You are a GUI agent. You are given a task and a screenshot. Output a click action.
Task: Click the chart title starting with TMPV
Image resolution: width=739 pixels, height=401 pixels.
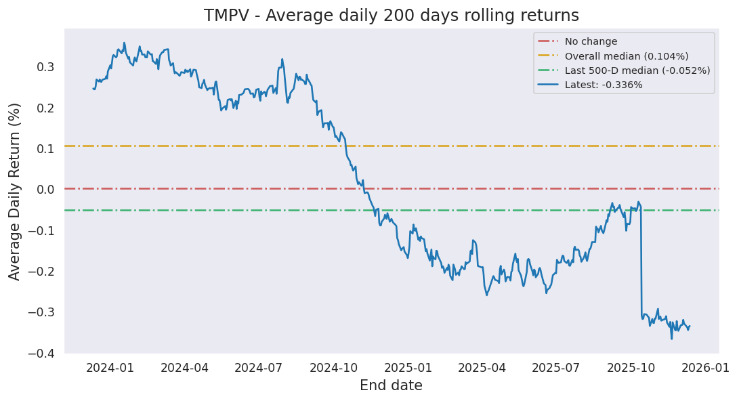tap(392, 15)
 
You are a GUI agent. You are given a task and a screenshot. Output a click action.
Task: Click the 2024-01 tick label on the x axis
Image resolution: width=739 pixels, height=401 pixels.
tap(111, 368)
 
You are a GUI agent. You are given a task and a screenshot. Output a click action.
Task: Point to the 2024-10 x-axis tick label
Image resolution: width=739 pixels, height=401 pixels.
tap(334, 368)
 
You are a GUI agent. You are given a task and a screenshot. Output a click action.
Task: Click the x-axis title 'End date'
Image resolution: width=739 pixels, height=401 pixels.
tap(391, 386)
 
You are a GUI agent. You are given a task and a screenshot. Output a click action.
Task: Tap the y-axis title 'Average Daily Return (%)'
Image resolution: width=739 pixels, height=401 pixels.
tap(15, 191)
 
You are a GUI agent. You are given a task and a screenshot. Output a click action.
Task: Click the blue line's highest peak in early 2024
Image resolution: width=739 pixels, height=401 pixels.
tap(124, 43)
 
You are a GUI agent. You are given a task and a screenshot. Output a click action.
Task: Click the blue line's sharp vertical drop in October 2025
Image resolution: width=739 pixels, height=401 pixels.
tap(641, 264)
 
